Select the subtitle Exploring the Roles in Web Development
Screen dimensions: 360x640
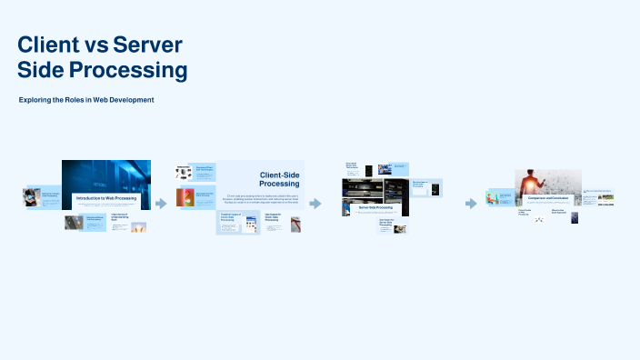coord(86,99)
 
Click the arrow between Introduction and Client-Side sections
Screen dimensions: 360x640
coord(161,204)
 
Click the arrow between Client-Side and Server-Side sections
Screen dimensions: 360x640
coord(315,204)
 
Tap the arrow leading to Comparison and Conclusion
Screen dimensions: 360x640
coord(471,204)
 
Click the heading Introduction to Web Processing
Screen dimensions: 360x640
coord(105,197)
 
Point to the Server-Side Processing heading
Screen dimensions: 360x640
coord(375,208)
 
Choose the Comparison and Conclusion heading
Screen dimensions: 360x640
coord(548,197)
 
